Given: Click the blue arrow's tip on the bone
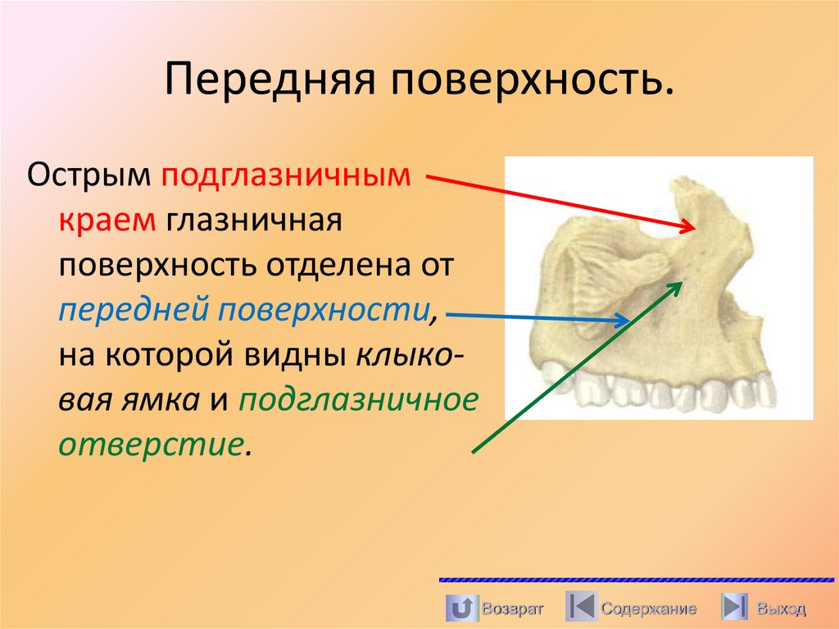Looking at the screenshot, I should pos(629,321).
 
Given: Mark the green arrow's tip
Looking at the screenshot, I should pos(682,281).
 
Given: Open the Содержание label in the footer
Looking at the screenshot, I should pos(648,608).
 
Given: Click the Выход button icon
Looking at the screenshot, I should pos(734,608).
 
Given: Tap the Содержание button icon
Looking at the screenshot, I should pos(580,608).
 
